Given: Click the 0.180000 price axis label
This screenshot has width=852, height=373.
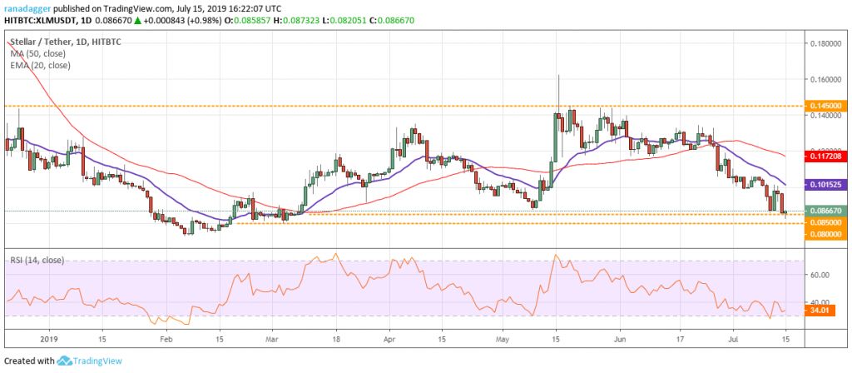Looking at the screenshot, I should (824, 43).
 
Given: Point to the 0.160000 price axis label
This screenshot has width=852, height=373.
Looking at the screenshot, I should (824, 80).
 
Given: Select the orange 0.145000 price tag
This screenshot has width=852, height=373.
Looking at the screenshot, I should (824, 106).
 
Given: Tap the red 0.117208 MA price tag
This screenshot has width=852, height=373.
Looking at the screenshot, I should (824, 156).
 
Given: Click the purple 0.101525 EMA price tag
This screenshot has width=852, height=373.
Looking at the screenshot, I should (824, 184).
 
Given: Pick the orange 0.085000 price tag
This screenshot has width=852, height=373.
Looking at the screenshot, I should (824, 222).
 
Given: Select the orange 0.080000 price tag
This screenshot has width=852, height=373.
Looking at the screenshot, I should (824, 235).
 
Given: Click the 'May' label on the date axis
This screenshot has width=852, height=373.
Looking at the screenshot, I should (502, 340).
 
